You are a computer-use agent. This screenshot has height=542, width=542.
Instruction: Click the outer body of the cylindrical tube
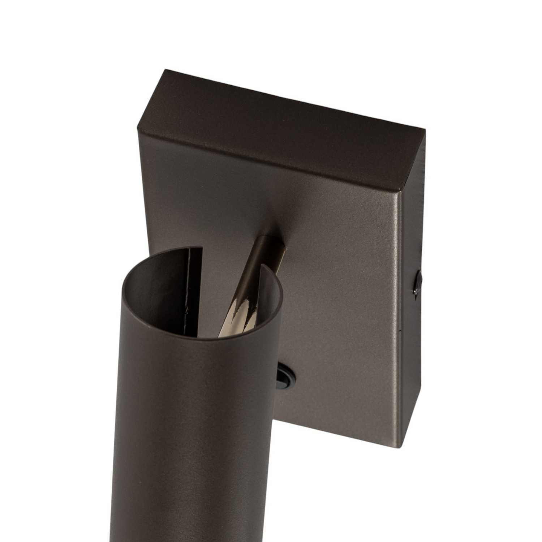(x=195, y=434)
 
